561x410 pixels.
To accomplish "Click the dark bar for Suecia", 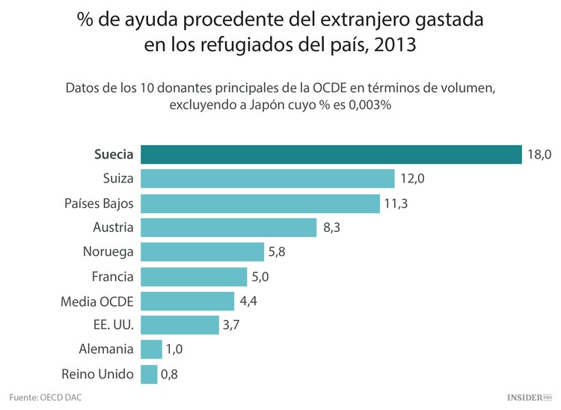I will [x=331, y=154].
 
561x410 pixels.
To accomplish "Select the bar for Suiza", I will [x=267, y=178].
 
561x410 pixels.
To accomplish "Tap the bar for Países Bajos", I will [x=260, y=203].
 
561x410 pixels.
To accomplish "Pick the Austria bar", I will [x=228, y=227].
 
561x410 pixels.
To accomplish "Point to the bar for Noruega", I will [x=202, y=251].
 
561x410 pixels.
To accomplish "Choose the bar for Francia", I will [x=193, y=276].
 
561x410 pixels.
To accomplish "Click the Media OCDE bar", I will [x=187, y=301].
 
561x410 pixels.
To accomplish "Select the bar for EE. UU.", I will [x=180, y=325].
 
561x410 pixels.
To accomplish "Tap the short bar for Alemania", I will [x=151, y=349].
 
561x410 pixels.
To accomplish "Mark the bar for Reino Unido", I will [x=149, y=373].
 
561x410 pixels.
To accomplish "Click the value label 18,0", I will [x=539, y=154].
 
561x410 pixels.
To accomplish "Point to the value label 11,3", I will [x=397, y=203].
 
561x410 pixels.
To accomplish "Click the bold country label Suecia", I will [x=114, y=155].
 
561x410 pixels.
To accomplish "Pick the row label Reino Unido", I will [x=98, y=373].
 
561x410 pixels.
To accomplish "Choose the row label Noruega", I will [x=108, y=252].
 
